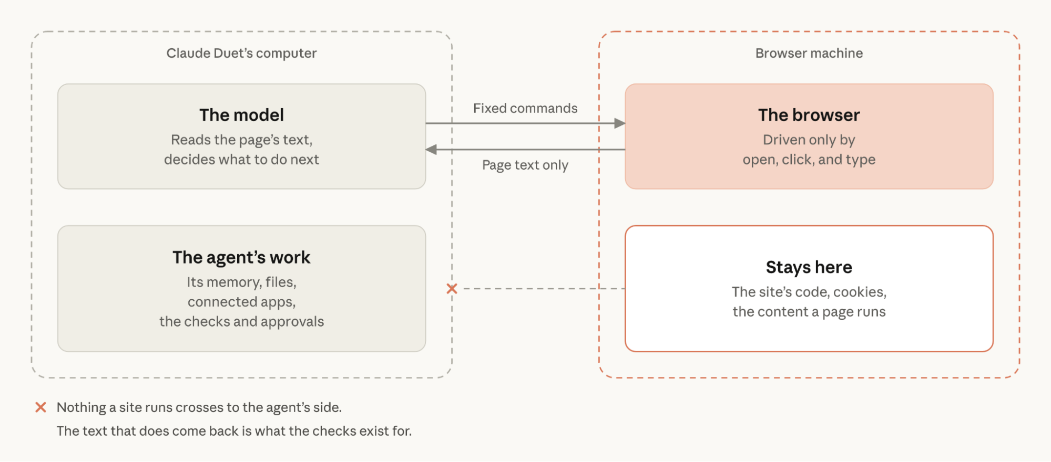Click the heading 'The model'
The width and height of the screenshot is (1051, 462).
point(241,115)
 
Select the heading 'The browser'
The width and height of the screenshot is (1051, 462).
point(809,115)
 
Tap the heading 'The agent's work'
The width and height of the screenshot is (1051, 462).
point(241,257)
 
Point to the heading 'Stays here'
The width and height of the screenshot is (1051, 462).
point(809,267)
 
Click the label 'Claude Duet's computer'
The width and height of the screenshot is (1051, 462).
point(241,53)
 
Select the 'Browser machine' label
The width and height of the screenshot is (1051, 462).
point(809,53)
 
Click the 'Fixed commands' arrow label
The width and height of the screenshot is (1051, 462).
point(525,108)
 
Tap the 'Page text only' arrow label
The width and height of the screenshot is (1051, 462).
point(525,165)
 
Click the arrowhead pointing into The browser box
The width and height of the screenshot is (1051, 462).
point(620,123)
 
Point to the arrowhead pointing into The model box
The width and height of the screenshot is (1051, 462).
point(431,150)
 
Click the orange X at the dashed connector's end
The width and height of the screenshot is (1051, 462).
point(452,289)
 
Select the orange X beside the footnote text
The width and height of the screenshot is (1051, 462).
point(40,407)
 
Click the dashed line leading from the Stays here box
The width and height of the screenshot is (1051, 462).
point(544,289)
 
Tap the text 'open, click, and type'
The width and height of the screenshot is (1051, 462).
point(809,160)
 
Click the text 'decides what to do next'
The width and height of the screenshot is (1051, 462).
point(241,160)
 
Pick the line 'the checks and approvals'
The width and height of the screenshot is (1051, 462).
point(241,322)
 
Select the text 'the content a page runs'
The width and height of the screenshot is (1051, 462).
point(809,312)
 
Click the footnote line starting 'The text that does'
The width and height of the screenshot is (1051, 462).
point(234,431)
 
